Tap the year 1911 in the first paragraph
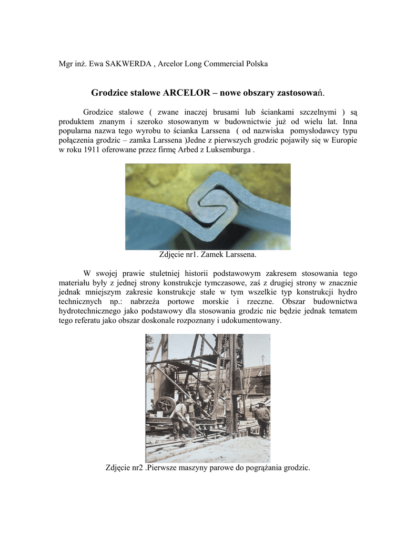(95, 150)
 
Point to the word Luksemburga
(229, 150)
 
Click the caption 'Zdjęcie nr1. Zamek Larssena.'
(208, 255)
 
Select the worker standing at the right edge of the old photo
(261, 418)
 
